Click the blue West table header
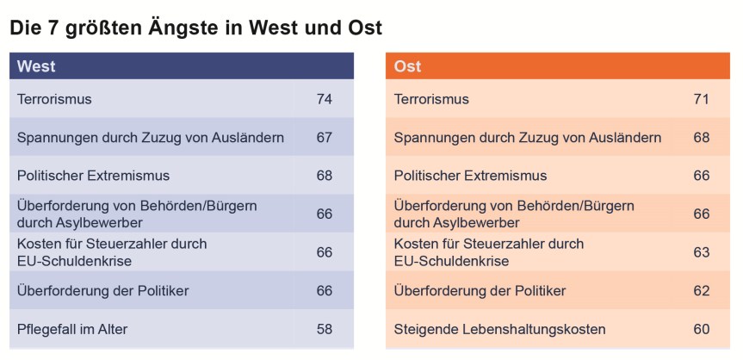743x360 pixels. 181,66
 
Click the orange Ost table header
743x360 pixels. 557,66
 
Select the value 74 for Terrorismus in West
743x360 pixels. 324,99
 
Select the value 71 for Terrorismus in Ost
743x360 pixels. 701,99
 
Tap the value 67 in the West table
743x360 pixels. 324,138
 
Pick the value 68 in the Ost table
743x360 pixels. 701,138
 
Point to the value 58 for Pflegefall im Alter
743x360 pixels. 324,329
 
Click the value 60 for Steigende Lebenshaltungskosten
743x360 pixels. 701,329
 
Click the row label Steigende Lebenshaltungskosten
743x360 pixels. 499,329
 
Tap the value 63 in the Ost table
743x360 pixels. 701,252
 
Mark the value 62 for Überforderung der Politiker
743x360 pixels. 701,291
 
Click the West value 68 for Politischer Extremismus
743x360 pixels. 324,176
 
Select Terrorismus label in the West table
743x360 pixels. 54,99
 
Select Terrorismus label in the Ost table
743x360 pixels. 431,99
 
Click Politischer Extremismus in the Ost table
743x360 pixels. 470,176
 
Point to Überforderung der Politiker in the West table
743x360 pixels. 102,291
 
